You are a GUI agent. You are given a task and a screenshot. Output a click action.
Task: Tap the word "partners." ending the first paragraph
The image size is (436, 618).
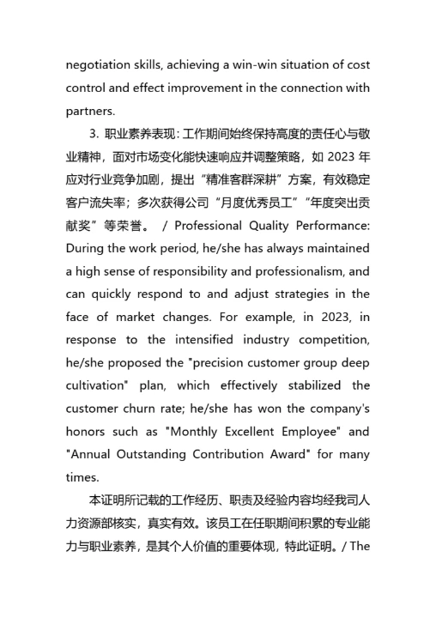[x=89, y=111]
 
